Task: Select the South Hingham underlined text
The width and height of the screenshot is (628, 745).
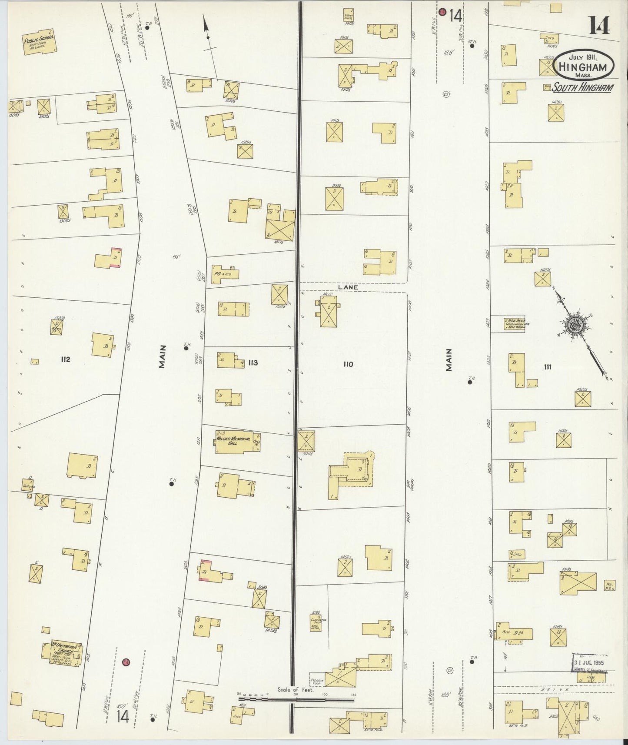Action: (582, 88)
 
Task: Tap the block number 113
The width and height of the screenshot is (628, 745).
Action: (253, 363)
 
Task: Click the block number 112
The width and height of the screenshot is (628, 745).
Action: (66, 359)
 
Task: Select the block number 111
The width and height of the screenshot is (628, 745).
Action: (547, 367)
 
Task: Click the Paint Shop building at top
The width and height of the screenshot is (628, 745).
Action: (348, 15)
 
